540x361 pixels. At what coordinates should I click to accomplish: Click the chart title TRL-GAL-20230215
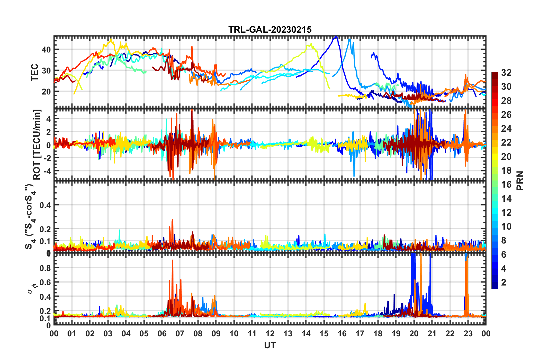(x=270, y=30)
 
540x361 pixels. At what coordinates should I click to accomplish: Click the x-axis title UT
(x=270, y=345)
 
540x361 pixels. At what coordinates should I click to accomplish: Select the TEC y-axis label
(x=34, y=72)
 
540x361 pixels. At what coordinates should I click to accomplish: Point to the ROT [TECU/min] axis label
(x=37, y=144)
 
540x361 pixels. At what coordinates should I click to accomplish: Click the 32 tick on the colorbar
(x=506, y=73)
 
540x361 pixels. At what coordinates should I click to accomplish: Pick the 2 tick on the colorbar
(x=504, y=282)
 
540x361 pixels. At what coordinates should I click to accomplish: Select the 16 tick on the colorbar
(x=506, y=184)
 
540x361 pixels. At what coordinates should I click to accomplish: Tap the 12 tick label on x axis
(x=270, y=333)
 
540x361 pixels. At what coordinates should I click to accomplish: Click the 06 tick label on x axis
(x=162, y=333)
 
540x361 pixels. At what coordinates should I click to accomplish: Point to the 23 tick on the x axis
(x=468, y=333)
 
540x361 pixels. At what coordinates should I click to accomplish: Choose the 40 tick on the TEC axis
(x=46, y=49)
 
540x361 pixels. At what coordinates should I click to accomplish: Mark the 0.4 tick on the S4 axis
(x=45, y=205)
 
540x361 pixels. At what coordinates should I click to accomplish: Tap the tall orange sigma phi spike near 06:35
(x=172, y=260)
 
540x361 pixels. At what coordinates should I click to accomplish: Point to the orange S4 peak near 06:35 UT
(x=172, y=220)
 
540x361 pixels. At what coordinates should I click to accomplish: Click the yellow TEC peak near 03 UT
(x=111, y=39)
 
